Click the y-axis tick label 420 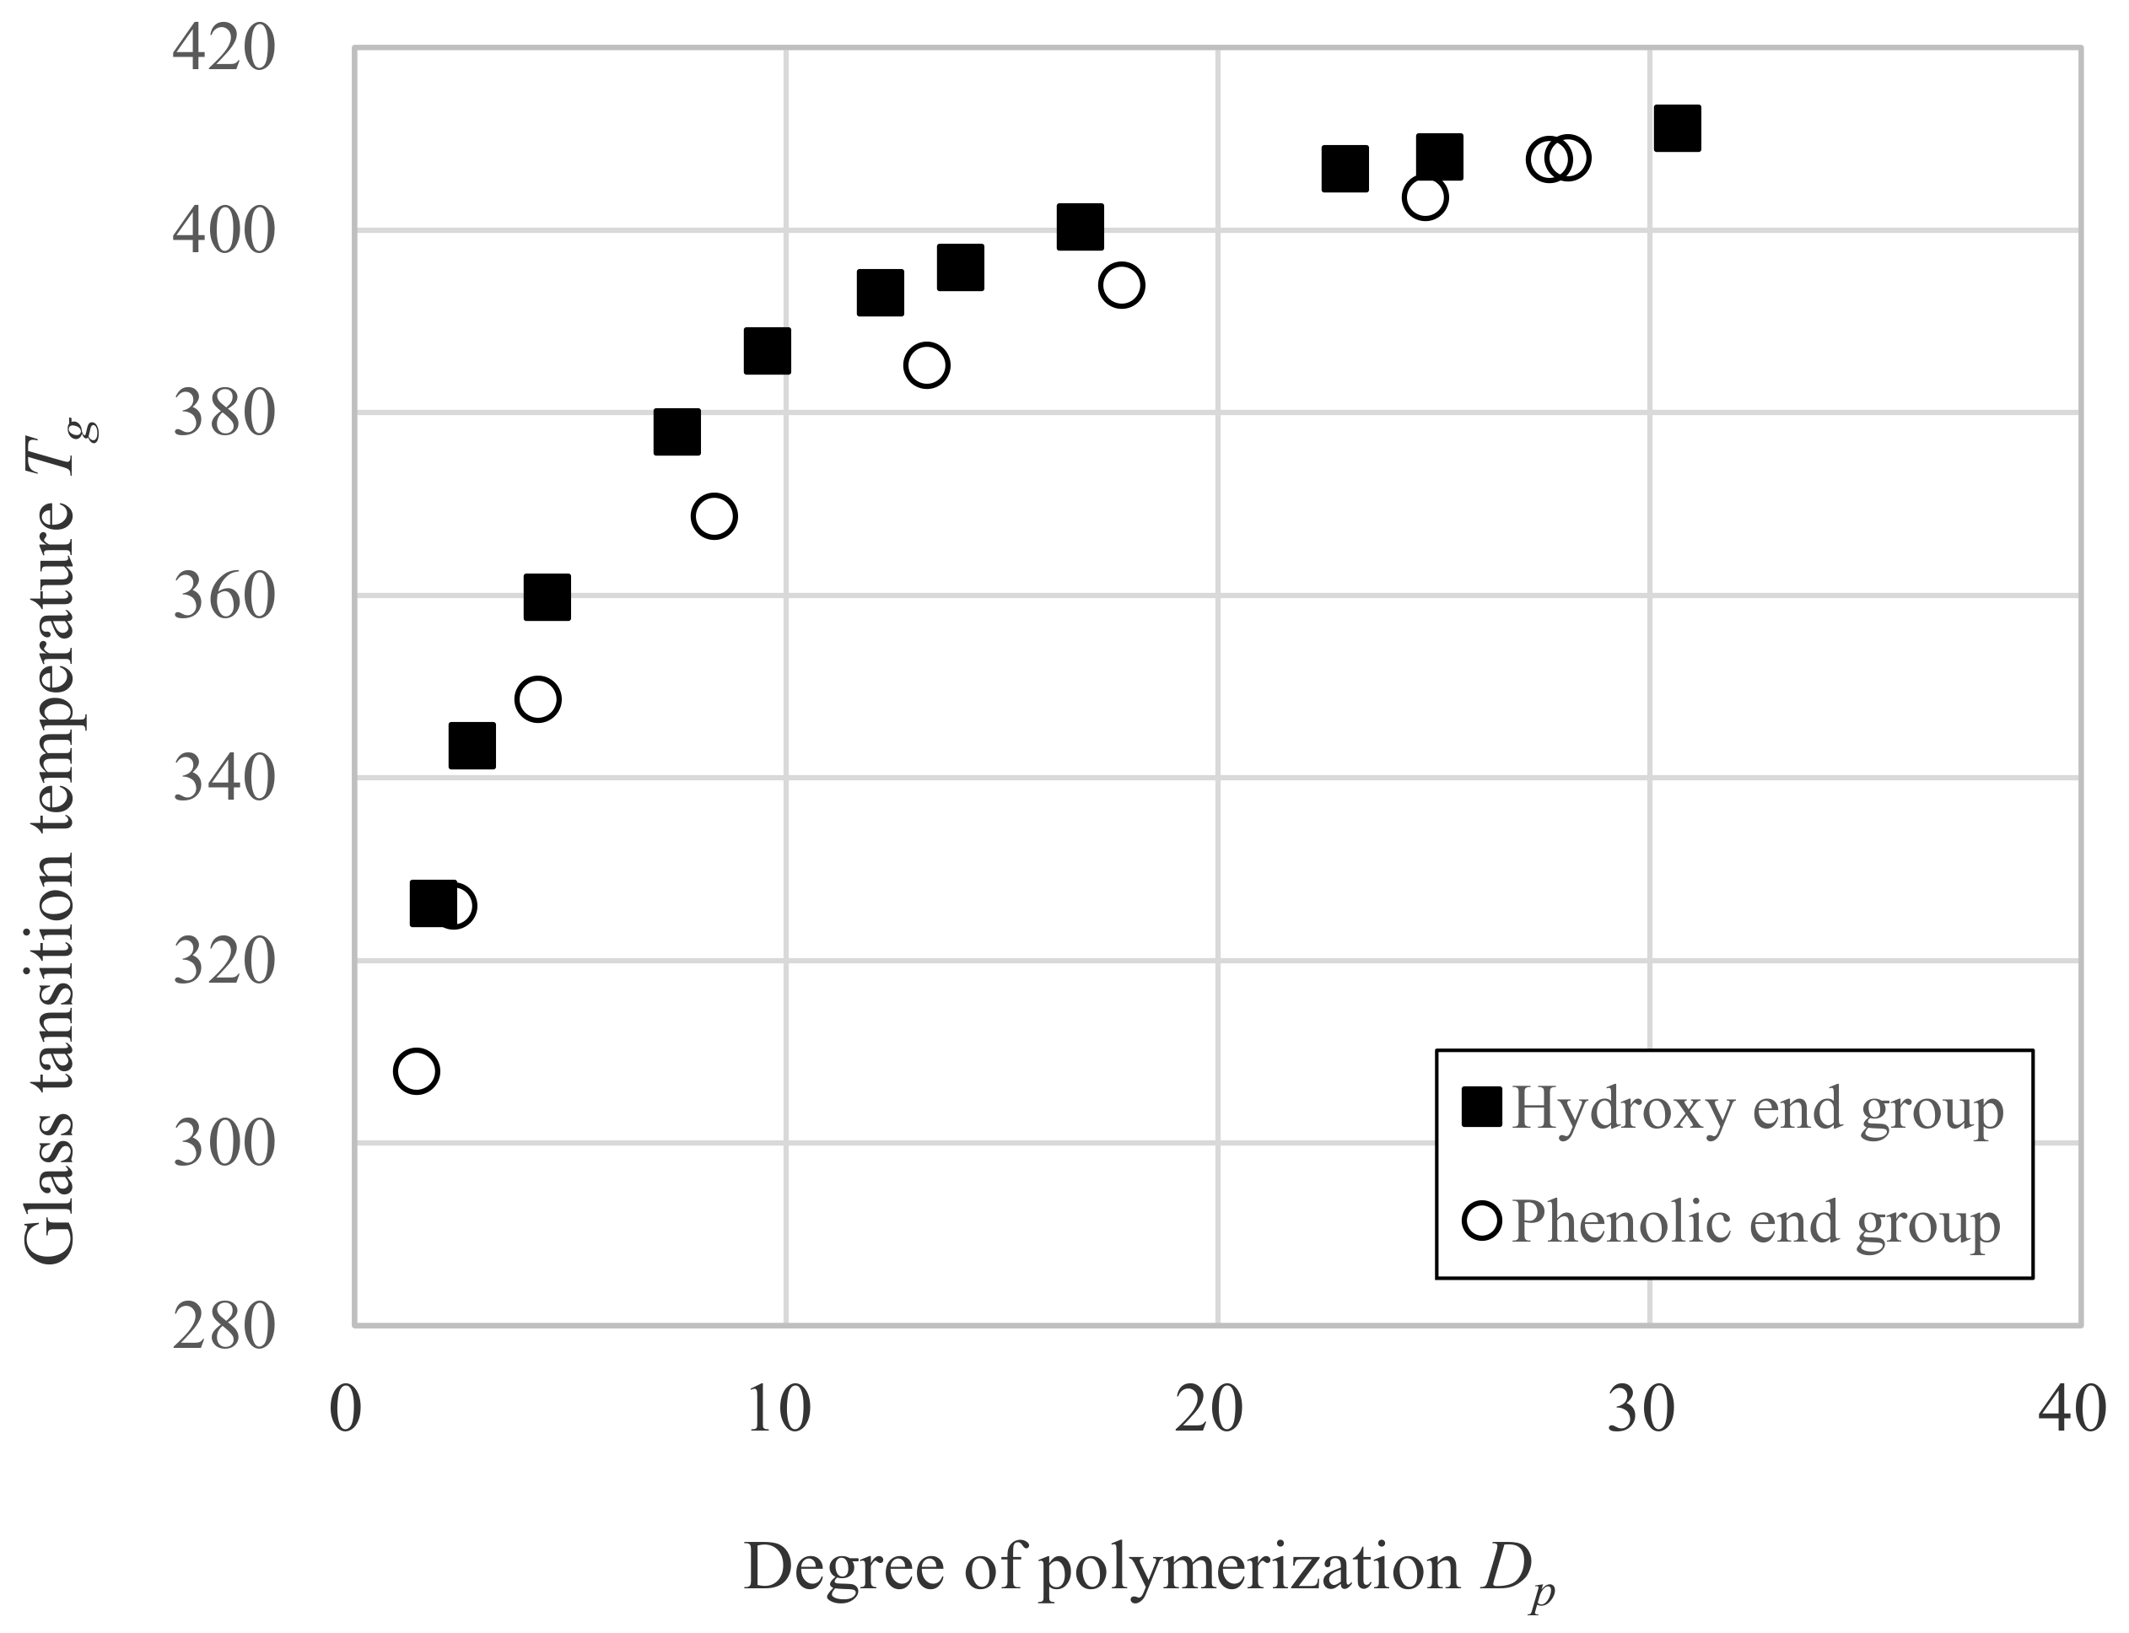coord(224,49)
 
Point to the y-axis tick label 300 coord(224,1144)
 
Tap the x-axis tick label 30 coord(1640,1409)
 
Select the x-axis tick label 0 coord(346,1409)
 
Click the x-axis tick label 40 coord(2072,1409)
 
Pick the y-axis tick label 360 coord(224,597)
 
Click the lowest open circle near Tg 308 coord(416,1071)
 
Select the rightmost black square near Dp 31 coord(1677,128)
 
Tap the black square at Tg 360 coord(547,597)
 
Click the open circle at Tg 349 coord(538,699)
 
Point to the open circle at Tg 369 coord(714,515)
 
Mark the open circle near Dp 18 coord(1121,285)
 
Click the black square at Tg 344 coord(472,746)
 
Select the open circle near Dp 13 coord(926,365)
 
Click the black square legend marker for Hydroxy coord(1481,1108)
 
